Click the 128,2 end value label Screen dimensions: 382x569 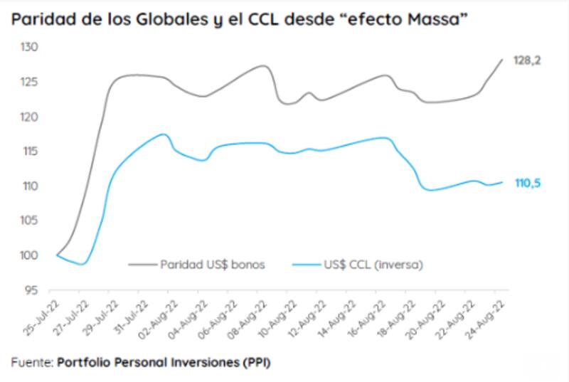(527, 61)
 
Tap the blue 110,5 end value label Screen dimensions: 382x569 (527, 184)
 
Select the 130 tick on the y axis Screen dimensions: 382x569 (28, 48)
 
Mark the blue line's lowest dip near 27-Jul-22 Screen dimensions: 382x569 (82, 264)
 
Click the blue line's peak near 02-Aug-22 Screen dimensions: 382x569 (164, 134)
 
